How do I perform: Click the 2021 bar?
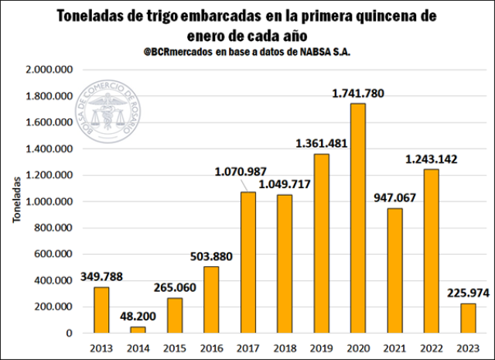click(x=395, y=270)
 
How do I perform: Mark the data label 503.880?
click(x=212, y=256)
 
